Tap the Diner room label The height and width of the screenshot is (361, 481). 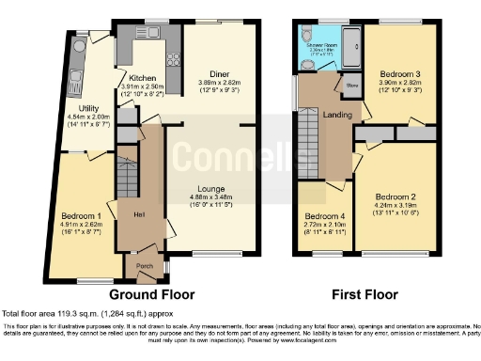[x=220, y=73]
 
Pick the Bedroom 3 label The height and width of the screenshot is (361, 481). [x=399, y=73]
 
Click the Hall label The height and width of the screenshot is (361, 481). [x=139, y=215]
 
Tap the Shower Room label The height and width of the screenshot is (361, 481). [x=320, y=42]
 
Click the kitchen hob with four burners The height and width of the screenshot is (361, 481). [x=175, y=60]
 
